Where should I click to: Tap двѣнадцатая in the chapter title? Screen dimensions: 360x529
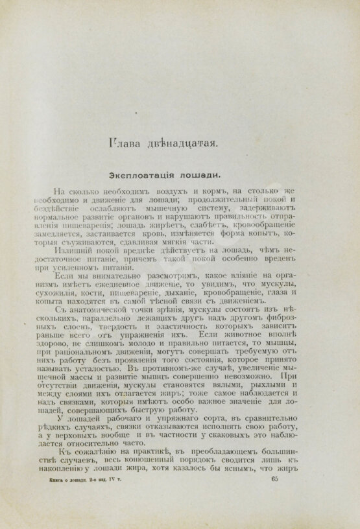181,142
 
